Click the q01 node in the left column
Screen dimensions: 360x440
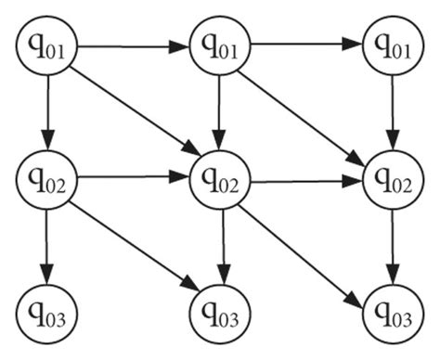pos(45,45)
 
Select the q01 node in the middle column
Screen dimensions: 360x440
pos(218,45)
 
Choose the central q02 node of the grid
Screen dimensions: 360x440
pos(218,178)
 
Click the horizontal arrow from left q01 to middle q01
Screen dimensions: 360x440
pos(131,43)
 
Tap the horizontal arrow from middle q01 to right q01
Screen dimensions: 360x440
pos(305,43)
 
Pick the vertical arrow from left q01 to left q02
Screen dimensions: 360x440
pos(45,110)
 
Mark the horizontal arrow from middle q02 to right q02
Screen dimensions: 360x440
pos(305,181)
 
